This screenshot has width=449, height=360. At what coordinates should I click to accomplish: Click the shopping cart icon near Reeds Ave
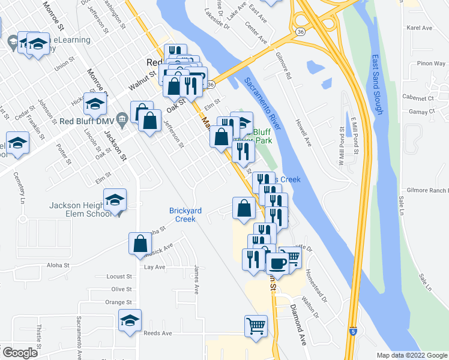click(x=256, y=326)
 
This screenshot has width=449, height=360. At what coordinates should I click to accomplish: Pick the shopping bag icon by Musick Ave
click(x=140, y=243)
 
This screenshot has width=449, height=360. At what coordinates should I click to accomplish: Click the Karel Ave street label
click(x=420, y=28)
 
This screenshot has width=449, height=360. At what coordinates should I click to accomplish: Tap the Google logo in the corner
click(x=19, y=352)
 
